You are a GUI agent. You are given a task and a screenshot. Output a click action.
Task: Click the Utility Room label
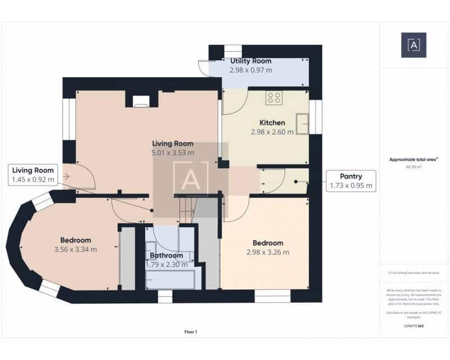point(250,61)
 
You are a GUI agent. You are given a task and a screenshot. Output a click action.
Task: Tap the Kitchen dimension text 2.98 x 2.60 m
point(272,132)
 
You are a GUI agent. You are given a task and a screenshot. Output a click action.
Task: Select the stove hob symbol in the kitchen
point(274,98)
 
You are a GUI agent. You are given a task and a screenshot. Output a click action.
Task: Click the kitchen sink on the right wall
point(303,124)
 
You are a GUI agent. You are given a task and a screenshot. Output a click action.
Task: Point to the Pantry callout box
point(351,181)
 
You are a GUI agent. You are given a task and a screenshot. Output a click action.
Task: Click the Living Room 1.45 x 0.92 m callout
point(33,175)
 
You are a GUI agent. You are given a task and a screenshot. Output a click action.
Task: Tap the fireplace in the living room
point(141,101)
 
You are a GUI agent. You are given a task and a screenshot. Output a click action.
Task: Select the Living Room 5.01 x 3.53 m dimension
point(173,152)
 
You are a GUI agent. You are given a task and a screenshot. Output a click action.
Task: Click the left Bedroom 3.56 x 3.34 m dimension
point(75,249)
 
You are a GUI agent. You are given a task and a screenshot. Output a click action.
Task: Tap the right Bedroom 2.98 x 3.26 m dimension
point(268,252)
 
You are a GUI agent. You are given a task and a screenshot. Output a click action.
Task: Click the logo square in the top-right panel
point(413,45)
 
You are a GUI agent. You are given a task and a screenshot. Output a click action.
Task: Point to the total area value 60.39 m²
point(413,167)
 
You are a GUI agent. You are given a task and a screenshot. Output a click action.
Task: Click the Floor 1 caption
point(191,332)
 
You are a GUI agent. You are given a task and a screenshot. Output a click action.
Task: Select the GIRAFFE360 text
point(413,326)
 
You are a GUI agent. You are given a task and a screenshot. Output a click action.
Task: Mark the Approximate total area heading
point(413,160)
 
